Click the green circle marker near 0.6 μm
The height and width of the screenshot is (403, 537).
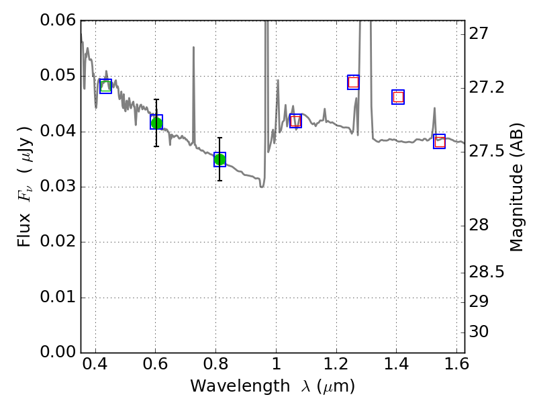156,122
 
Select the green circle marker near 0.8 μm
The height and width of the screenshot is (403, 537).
219,159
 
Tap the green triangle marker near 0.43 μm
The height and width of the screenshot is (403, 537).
105,86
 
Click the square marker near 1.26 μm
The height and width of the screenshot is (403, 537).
353,82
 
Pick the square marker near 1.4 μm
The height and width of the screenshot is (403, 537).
398,97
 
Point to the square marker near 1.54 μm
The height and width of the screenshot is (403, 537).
440,141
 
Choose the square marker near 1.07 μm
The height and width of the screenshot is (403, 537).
295,121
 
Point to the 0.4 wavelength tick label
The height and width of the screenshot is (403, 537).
95,367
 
